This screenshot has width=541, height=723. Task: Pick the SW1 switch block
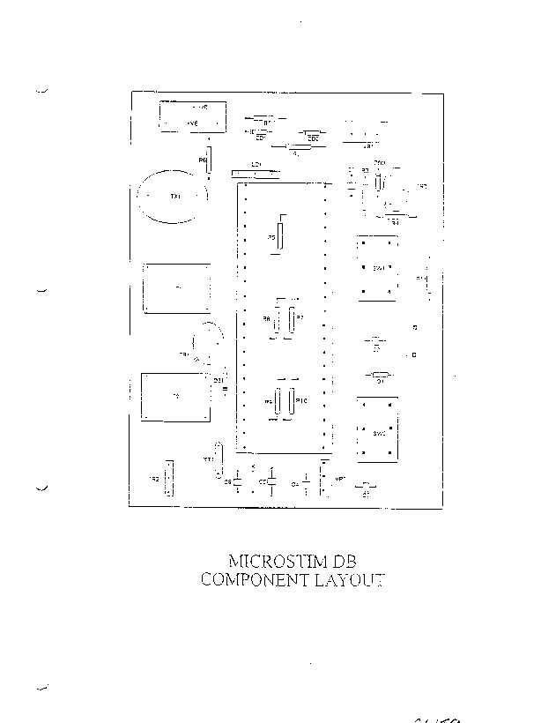tap(379, 267)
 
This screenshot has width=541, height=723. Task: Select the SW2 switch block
tap(379, 430)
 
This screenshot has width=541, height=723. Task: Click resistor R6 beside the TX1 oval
tap(208, 163)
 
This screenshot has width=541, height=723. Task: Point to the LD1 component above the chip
tap(256, 174)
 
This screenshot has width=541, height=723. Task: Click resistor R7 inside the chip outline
tap(292, 317)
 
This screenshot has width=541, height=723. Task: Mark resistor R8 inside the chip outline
tap(276, 318)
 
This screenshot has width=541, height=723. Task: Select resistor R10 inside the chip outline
tap(291, 401)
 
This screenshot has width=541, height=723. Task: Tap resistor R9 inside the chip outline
tap(277, 401)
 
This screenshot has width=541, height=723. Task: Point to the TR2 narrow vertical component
tap(169, 479)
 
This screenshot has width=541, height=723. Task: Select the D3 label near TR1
tap(219, 379)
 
